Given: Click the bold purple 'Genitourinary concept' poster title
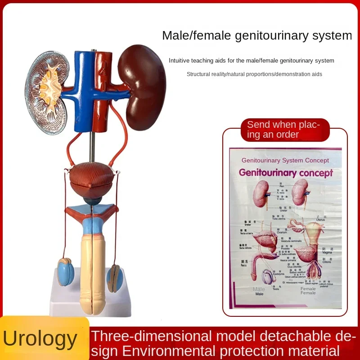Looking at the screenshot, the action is click(286, 172).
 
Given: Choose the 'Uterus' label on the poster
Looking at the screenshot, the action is click(321, 220).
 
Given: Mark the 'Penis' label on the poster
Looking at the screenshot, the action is click(244, 266).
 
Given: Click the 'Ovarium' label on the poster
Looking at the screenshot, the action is click(282, 232).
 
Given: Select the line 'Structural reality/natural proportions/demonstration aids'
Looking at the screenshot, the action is click(254, 74).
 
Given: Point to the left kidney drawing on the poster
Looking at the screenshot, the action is click(261, 193).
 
